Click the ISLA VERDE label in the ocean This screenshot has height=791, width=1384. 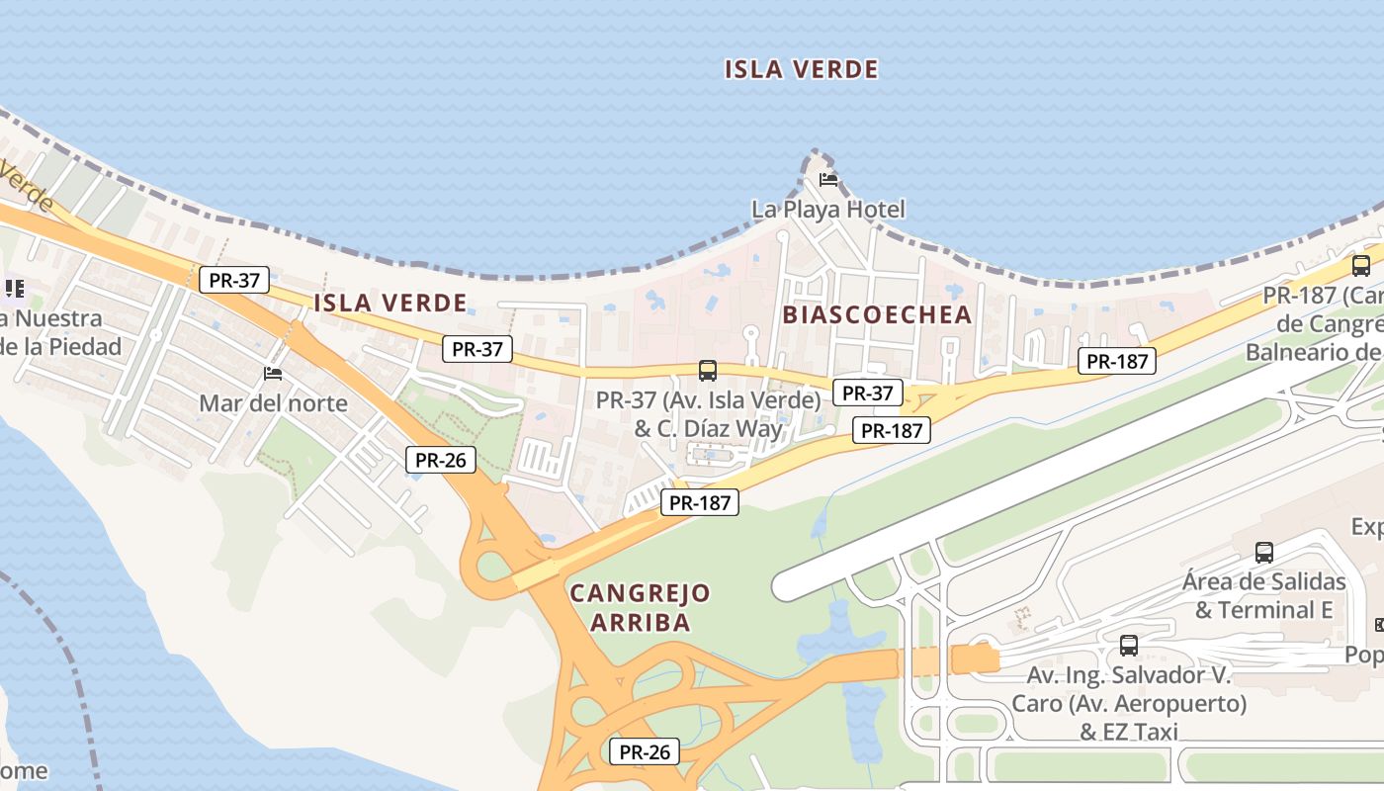801,69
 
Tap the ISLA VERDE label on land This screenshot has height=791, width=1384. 389,303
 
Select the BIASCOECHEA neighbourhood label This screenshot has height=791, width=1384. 877,314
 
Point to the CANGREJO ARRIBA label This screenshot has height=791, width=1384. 640,607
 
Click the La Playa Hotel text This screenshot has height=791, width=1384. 827,209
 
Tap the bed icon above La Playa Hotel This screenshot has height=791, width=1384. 828,180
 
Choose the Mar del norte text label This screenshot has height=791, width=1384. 273,402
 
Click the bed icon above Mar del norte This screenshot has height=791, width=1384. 273,374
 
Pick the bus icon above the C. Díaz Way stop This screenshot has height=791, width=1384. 708,371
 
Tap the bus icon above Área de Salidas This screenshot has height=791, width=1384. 1263,552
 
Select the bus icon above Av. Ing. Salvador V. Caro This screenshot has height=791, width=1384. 1128,646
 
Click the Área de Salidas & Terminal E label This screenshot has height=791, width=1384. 1263,595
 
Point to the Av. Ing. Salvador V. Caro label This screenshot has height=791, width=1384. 1128,703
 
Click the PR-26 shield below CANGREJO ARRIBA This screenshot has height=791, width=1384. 645,751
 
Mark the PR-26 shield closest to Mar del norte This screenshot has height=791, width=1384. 441,459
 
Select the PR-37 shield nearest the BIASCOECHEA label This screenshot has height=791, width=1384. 867,393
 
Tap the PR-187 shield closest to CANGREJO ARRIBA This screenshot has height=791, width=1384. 699,502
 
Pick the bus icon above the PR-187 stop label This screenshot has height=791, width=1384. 1361,265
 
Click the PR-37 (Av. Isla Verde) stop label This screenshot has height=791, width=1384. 708,414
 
